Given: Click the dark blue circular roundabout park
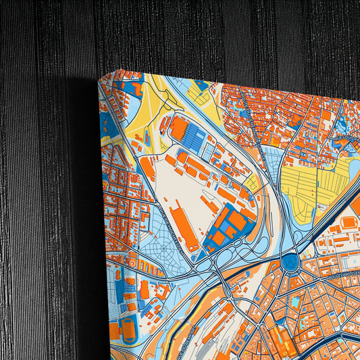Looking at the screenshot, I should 291,262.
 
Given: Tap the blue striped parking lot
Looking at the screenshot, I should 195,138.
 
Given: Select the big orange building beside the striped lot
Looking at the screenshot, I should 178,128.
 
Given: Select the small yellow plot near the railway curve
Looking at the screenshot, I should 251,182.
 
